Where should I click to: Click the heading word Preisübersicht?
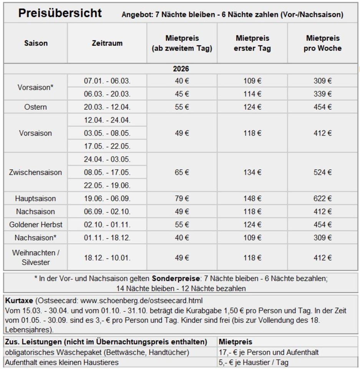point(60,13)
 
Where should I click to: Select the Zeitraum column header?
point(107,43)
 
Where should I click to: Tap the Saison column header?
point(36,43)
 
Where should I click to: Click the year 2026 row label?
point(181,69)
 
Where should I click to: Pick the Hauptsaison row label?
point(35,199)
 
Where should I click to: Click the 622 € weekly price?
point(322,199)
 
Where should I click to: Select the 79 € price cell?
point(182,199)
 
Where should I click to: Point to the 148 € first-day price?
point(252,199)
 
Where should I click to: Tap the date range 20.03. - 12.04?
point(107,107)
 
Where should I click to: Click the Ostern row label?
point(35,107)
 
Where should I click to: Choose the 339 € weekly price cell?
point(322,94)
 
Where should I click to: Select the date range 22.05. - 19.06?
point(107,186)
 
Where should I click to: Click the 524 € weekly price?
point(322,173)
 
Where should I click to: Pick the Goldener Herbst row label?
point(35,225)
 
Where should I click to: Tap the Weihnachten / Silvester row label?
point(35,258)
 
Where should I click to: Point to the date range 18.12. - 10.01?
point(107,258)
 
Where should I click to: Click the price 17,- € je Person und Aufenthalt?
point(269,352)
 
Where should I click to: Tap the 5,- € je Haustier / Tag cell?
point(253,362)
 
